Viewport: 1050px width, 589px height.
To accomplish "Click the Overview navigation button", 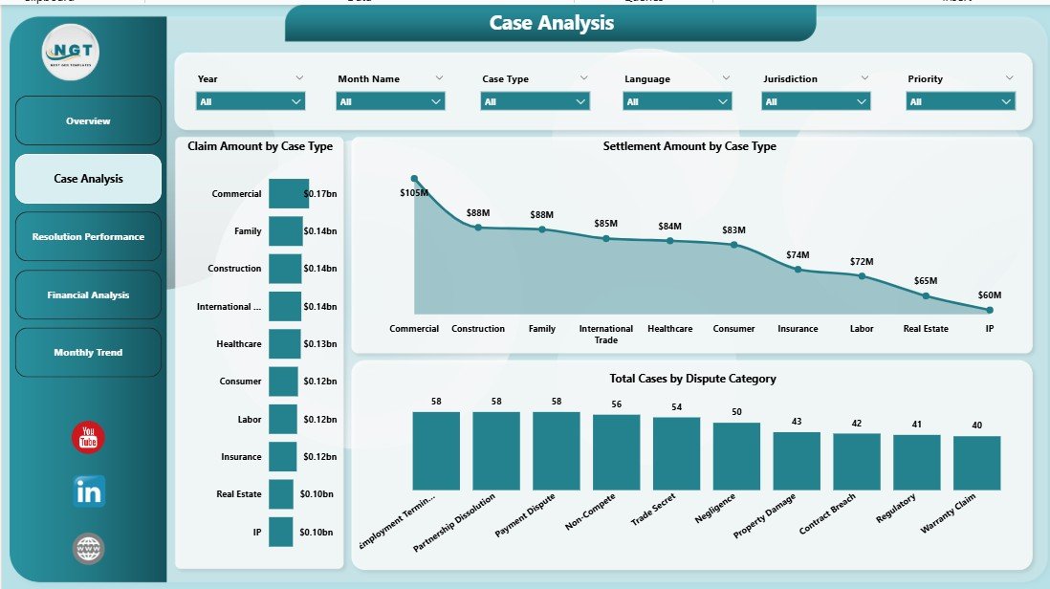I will [88, 121].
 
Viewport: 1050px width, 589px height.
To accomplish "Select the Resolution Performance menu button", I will [88, 237].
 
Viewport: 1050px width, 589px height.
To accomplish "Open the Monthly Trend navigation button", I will [88, 353].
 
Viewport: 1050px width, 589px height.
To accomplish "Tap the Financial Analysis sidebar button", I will [88, 295].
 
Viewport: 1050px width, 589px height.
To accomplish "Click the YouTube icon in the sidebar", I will [88, 438].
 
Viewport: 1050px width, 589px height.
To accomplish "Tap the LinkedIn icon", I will [89, 492].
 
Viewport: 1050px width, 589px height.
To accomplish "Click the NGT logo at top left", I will [72, 52].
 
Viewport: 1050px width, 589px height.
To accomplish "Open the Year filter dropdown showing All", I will [251, 101].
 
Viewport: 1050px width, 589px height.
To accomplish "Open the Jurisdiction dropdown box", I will [816, 101].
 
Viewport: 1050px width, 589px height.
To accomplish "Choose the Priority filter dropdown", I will [960, 101].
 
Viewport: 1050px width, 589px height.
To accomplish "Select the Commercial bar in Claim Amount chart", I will [289, 193].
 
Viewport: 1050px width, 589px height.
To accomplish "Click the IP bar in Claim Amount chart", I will [280, 532].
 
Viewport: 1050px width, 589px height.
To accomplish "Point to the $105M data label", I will [414, 193].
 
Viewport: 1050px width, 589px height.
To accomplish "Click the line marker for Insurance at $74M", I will [798, 270].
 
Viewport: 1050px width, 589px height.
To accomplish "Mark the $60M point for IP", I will [990, 310].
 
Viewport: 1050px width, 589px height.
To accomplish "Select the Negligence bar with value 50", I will [736, 456].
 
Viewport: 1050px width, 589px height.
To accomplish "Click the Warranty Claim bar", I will [976, 463].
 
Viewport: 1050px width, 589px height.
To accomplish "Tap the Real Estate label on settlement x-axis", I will [926, 329].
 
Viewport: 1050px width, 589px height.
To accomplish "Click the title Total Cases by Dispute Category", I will [692, 379].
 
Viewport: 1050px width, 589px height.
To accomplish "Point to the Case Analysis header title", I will [551, 23].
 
